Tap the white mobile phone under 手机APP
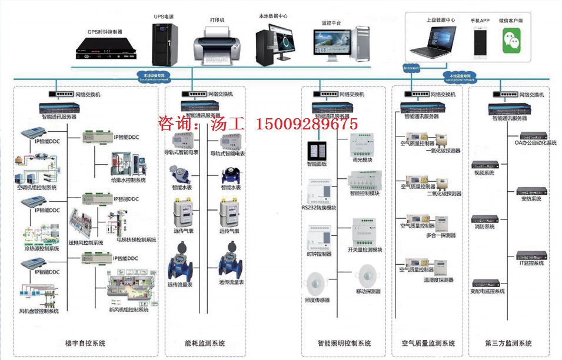click(x=480, y=41)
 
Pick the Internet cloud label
click(x=411, y=68)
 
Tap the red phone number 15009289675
click(x=306, y=124)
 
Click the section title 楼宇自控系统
click(x=86, y=343)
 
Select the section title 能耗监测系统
click(x=205, y=343)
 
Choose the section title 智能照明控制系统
click(x=344, y=343)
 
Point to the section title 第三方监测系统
click(x=508, y=343)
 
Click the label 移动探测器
click(x=368, y=291)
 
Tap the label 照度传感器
click(x=317, y=300)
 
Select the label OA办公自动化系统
click(x=535, y=143)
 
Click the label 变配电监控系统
click(x=487, y=291)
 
